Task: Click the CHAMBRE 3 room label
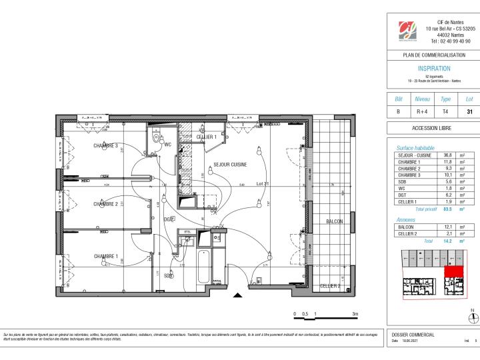[x=105, y=145]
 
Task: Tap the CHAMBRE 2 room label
[x=105, y=204]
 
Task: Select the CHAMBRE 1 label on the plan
[x=105, y=256]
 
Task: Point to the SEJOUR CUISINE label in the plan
[x=231, y=165]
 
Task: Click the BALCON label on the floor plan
[x=334, y=221]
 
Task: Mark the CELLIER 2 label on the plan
[x=329, y=286]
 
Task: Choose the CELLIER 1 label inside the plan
[x=207, y=137]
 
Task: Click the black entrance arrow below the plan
[x=237, y=295]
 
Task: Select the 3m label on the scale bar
[x=355, y=313]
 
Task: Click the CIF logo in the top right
[x=407, y=30]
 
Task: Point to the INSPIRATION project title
[x=433, y=69]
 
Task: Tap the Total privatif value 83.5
[x=439, y=209]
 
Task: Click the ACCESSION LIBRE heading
[x=433, y=129]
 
